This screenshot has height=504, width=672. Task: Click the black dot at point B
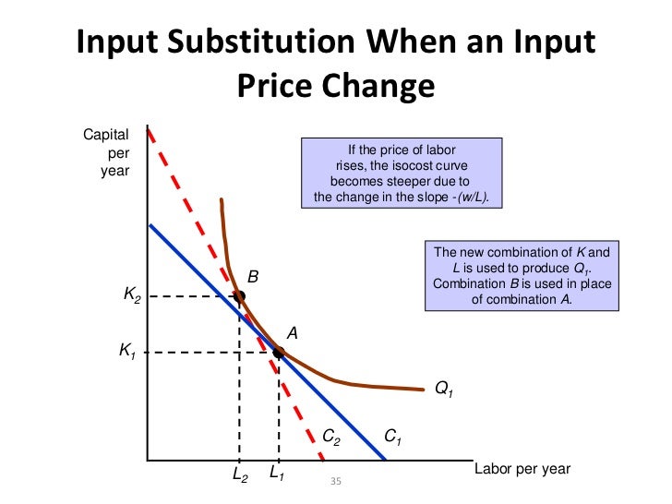pos(239,296)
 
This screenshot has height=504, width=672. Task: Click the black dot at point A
pos(278,352)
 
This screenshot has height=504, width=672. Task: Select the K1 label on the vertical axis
pos(128,351)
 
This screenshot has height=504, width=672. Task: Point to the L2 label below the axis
pos(239,476)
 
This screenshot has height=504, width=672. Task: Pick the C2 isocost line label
pos(331,435)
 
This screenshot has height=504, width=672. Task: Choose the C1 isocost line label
pos(393,435)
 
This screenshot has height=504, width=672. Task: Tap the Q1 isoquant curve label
pos(444,390)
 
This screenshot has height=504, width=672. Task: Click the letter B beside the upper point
pos(252,276)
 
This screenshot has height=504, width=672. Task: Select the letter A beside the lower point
pos(291,332)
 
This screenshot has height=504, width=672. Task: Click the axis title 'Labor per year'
pos(522,469)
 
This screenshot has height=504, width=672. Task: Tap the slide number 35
pos(335,482)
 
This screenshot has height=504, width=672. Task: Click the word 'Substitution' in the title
pos(272,44)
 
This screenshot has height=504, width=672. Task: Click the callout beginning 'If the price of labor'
pos(401,174)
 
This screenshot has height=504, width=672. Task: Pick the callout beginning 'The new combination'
pos(522,275)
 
